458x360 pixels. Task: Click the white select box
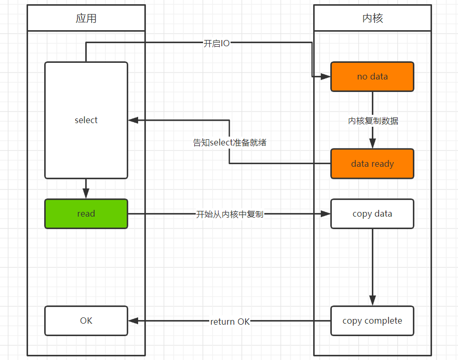point(86,120)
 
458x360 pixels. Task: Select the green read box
point(86,214)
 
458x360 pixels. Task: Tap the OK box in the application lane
point(86,321)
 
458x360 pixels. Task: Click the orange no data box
point(372,76)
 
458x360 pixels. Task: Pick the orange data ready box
point(372,164)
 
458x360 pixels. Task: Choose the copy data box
point(372,214)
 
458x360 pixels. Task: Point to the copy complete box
point(372,321)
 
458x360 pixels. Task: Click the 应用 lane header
point(86,18)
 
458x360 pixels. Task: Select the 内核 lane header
point(372,18)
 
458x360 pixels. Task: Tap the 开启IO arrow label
point(217,43)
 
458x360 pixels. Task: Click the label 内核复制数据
point(373,121)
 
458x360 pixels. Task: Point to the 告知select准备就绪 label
point(230,142)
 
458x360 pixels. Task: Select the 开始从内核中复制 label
point(230,214)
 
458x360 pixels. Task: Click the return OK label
point(230,322)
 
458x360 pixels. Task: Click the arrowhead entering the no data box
point(326,76)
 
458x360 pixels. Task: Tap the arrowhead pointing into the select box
point(133,120)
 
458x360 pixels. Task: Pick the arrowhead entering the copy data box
point(326,214)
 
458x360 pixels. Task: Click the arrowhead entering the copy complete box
point(372,301)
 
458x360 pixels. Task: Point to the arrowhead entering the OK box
point(133,321)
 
